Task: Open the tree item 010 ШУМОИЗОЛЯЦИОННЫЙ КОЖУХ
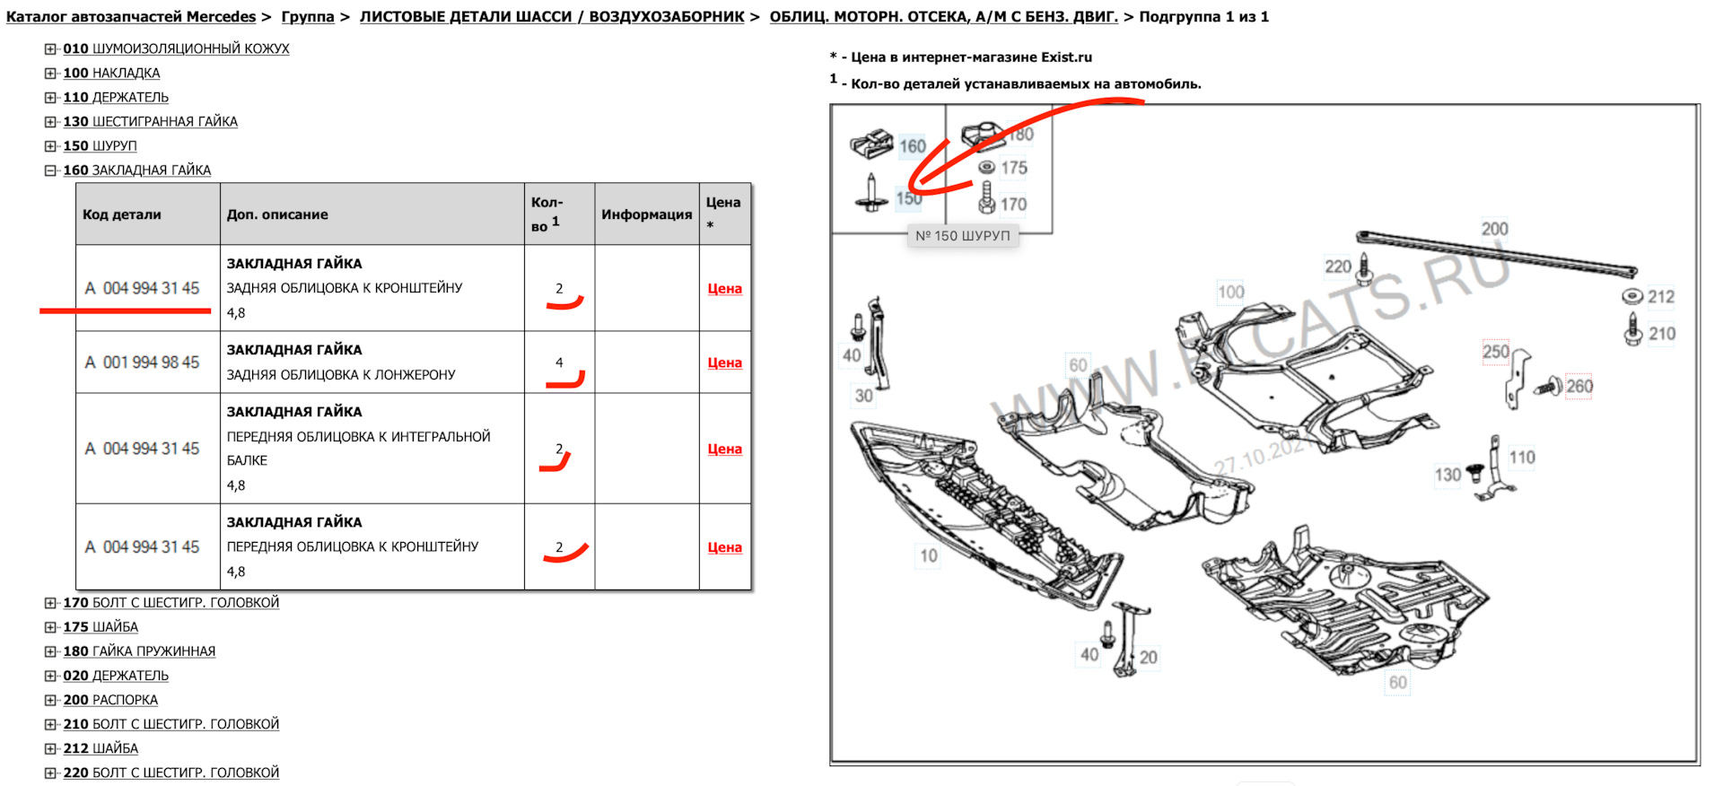[176, 48]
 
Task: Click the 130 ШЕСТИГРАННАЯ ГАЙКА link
[150, 121]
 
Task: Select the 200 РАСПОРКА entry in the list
[110, 700]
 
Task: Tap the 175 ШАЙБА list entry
[101, 627]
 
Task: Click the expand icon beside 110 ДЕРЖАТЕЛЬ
[50, 98]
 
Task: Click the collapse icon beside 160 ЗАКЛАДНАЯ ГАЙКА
[50, 170]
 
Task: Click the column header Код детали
[122, 214]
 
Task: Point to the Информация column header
[647, 214]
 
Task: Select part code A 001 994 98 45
[142, 362]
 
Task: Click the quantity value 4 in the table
[559, 362]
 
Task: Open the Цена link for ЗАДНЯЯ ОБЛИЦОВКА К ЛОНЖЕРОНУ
[724, 362]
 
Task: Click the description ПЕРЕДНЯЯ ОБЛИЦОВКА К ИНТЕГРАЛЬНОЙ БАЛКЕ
[358, 448]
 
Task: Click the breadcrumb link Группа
[308, 17]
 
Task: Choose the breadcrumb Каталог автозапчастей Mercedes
[131, 17]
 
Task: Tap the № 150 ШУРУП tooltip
[963, 236]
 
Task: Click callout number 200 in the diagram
[1494, 229]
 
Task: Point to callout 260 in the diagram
[1579, 387]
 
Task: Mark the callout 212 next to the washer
[1661, 297]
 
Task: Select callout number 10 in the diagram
[929, 555]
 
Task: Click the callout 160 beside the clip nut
[913, 146]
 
